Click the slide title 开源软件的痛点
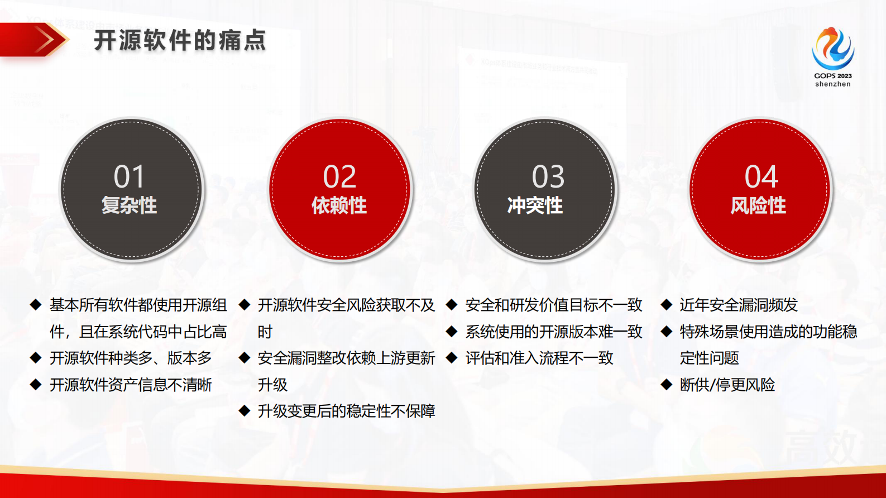180,41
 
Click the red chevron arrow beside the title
47,40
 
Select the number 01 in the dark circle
129,177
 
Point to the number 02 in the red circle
339,177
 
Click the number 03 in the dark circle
548,177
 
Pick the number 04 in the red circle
761,177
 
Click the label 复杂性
129,205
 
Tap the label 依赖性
339,205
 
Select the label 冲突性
535,205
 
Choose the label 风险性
758,205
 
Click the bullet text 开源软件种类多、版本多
131,358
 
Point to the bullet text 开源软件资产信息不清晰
131,385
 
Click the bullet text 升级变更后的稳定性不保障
346,411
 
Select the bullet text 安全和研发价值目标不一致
553,305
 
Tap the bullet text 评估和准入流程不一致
539,358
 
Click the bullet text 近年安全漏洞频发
738,305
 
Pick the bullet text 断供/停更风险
727,385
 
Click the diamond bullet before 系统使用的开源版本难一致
452,332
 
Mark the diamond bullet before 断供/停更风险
666,385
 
